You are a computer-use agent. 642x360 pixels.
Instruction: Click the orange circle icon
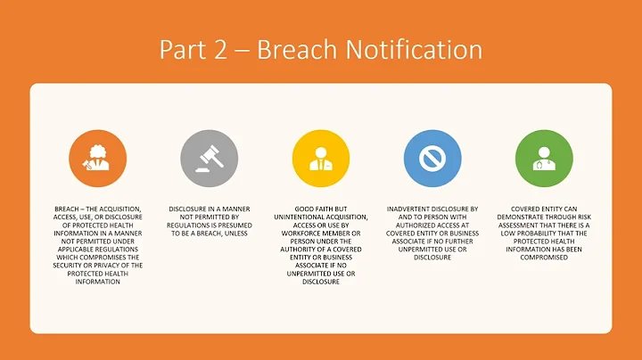pos(97,159)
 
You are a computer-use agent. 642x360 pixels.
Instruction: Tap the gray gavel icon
pos(209,159)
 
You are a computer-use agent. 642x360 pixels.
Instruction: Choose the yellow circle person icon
pos(321,159)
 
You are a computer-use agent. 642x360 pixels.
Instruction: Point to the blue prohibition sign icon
pos(432,159)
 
